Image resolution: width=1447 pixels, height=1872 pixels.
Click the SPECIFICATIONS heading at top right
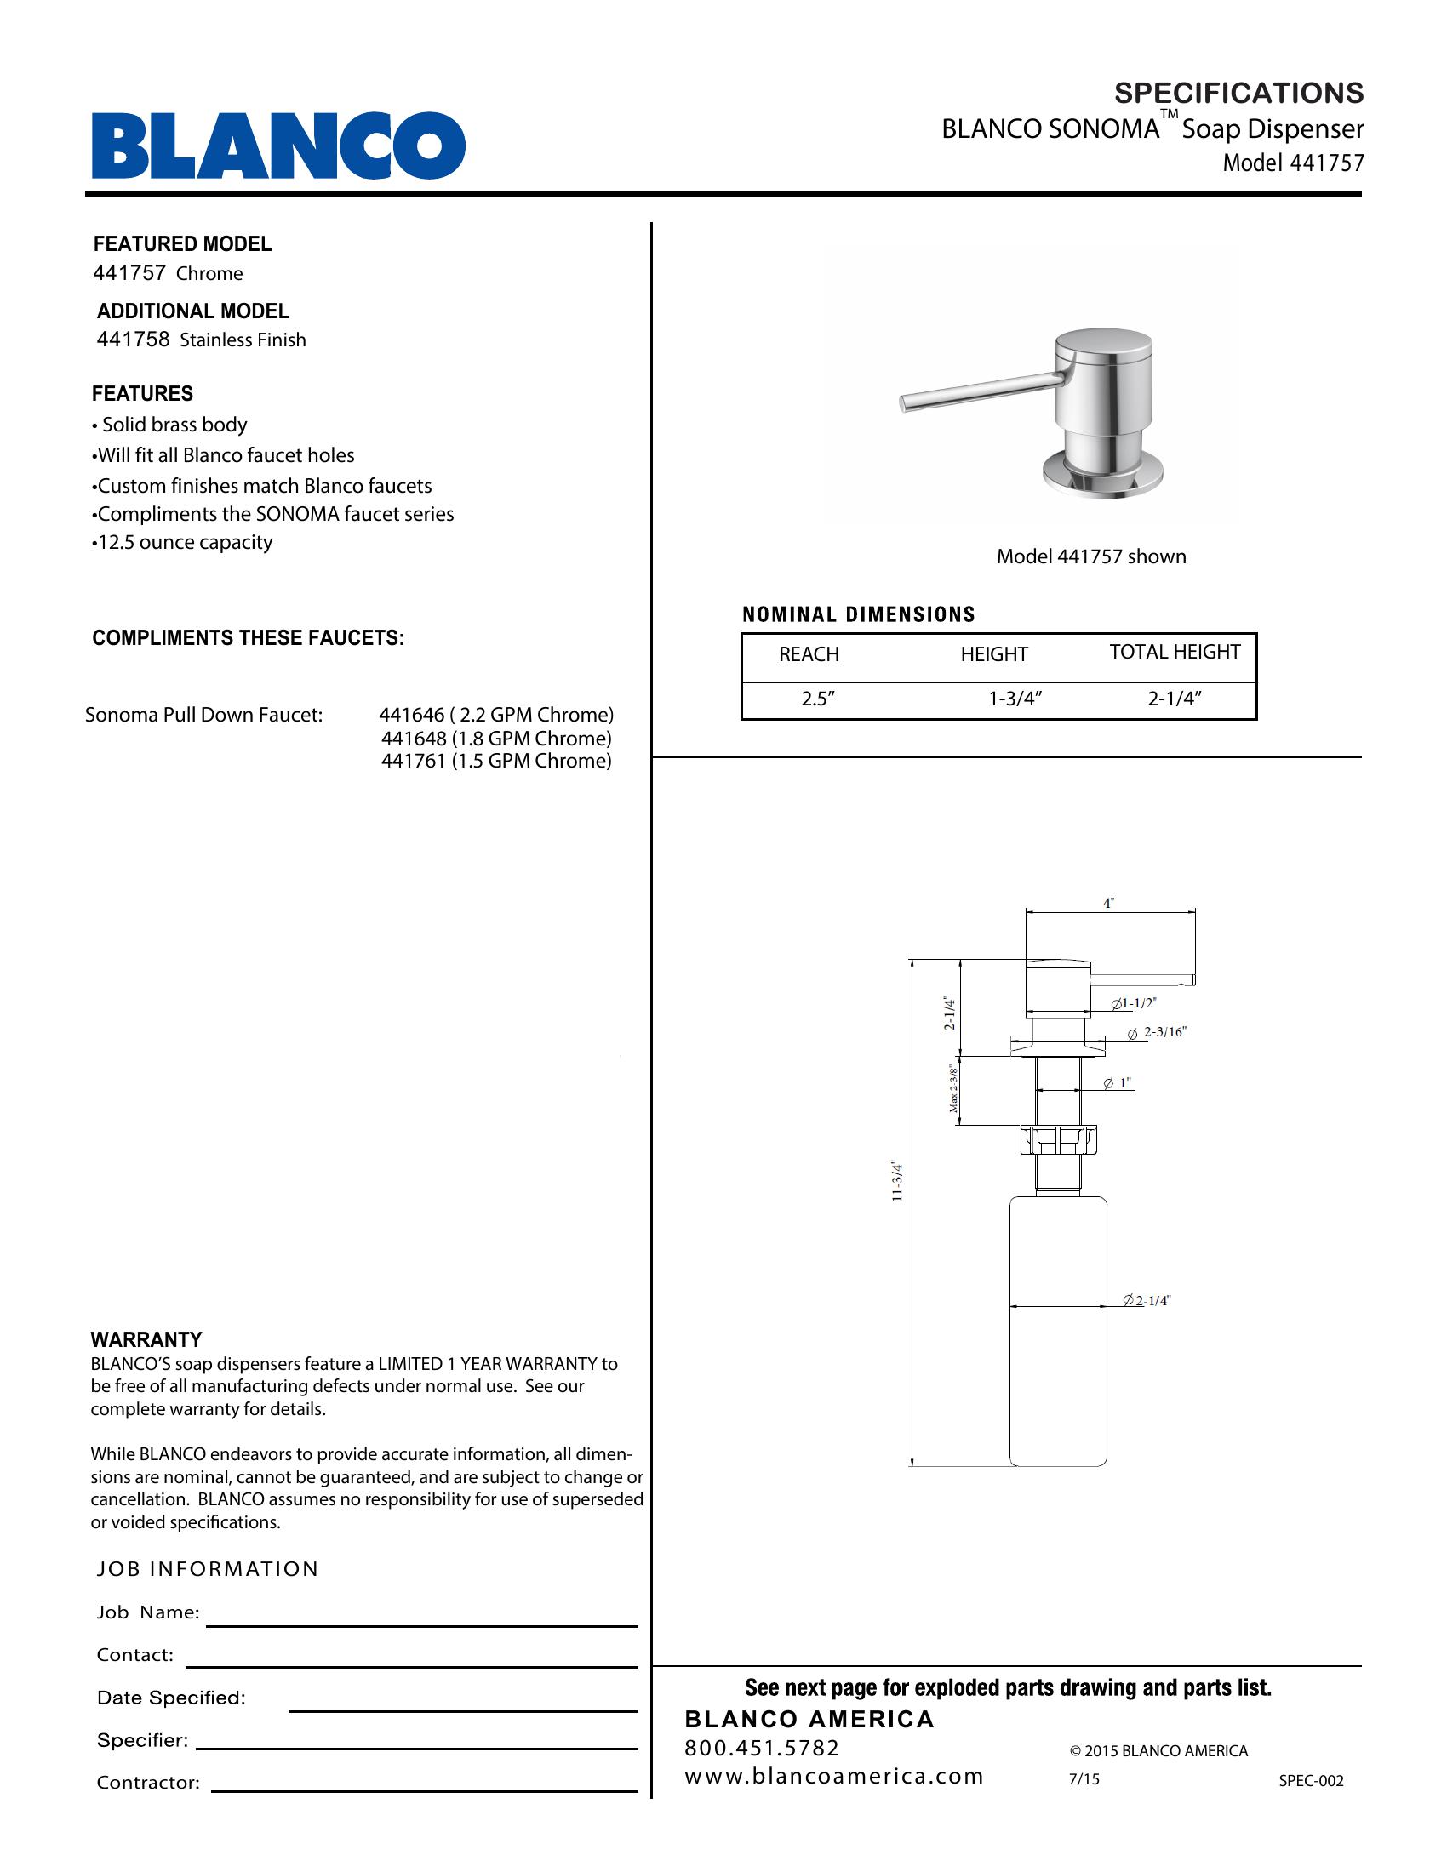[x=1238, y=93]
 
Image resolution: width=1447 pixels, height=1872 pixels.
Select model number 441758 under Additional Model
[x=133, y=340]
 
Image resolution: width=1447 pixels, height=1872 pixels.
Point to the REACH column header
[x=809, y=655]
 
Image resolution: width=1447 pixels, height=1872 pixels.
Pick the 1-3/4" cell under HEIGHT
[x=1014, y=699]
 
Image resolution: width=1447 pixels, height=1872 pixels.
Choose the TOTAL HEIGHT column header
[x=1175, y=653]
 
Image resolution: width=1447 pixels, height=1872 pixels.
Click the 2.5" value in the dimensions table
[x=818, y=699]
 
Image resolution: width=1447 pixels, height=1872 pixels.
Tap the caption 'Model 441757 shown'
[x=1090, y=557]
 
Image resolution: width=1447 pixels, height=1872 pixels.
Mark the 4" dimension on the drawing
[x=1107, y=904]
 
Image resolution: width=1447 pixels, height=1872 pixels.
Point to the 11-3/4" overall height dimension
[x=897, y=1181]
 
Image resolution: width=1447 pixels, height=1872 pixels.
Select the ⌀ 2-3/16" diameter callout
[x=1158, y=1033]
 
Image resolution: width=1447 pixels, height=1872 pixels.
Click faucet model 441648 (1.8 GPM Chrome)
[x=495, y=739]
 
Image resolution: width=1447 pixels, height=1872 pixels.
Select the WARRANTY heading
[x=146, y=1338]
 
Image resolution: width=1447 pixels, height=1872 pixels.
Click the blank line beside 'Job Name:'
[x=421, y=1622]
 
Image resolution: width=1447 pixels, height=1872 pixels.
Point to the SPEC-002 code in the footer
[x=1311, y=1781]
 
